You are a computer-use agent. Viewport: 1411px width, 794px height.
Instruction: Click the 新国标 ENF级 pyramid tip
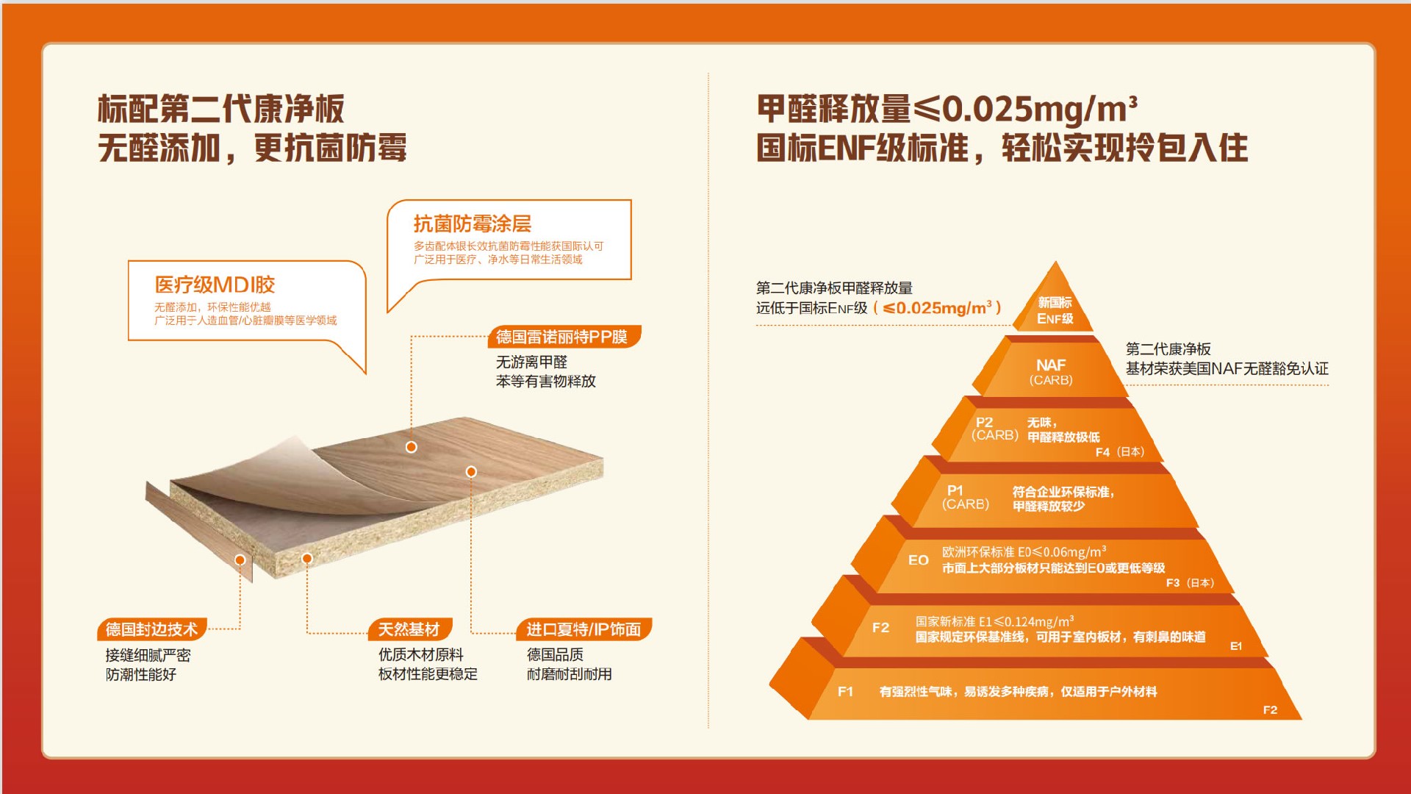click(1055, 310)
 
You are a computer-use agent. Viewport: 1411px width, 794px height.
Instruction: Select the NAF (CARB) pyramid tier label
click(1051, 372)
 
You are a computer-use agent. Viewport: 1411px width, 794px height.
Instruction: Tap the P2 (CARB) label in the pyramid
click(994, 429)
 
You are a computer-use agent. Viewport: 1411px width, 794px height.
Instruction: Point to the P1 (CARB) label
click(966, 497)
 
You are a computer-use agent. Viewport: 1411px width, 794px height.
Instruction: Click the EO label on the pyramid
click(919, 560)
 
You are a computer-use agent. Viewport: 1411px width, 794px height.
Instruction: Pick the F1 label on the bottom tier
click(845, 692)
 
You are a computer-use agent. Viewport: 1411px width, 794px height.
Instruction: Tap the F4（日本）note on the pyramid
click(1120, 452)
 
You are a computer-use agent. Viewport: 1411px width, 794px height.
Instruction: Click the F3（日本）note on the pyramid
click(1190, 583)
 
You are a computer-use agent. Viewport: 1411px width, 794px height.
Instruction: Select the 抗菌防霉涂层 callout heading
click(472, 223)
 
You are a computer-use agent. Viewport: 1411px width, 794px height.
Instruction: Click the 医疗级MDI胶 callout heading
click(215, 285)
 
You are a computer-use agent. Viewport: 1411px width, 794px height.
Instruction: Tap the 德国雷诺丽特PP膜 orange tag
click(563, 337)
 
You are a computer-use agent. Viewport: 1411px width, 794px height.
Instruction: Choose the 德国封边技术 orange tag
click(151, 629)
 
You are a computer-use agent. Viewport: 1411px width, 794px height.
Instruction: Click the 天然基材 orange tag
click(409, 629)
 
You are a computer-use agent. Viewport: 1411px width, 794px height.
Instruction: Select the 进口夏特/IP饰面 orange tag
click(584, 629)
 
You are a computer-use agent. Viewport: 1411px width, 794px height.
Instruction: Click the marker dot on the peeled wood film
click(412, 447)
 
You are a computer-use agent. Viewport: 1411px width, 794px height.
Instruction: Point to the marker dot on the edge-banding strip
click(240, 560)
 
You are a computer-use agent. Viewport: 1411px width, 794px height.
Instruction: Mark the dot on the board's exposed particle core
click(307, 559)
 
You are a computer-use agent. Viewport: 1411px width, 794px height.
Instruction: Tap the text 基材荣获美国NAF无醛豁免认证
click(1227, 369)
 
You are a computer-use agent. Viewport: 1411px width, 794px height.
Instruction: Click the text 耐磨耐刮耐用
click(570, 674)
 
